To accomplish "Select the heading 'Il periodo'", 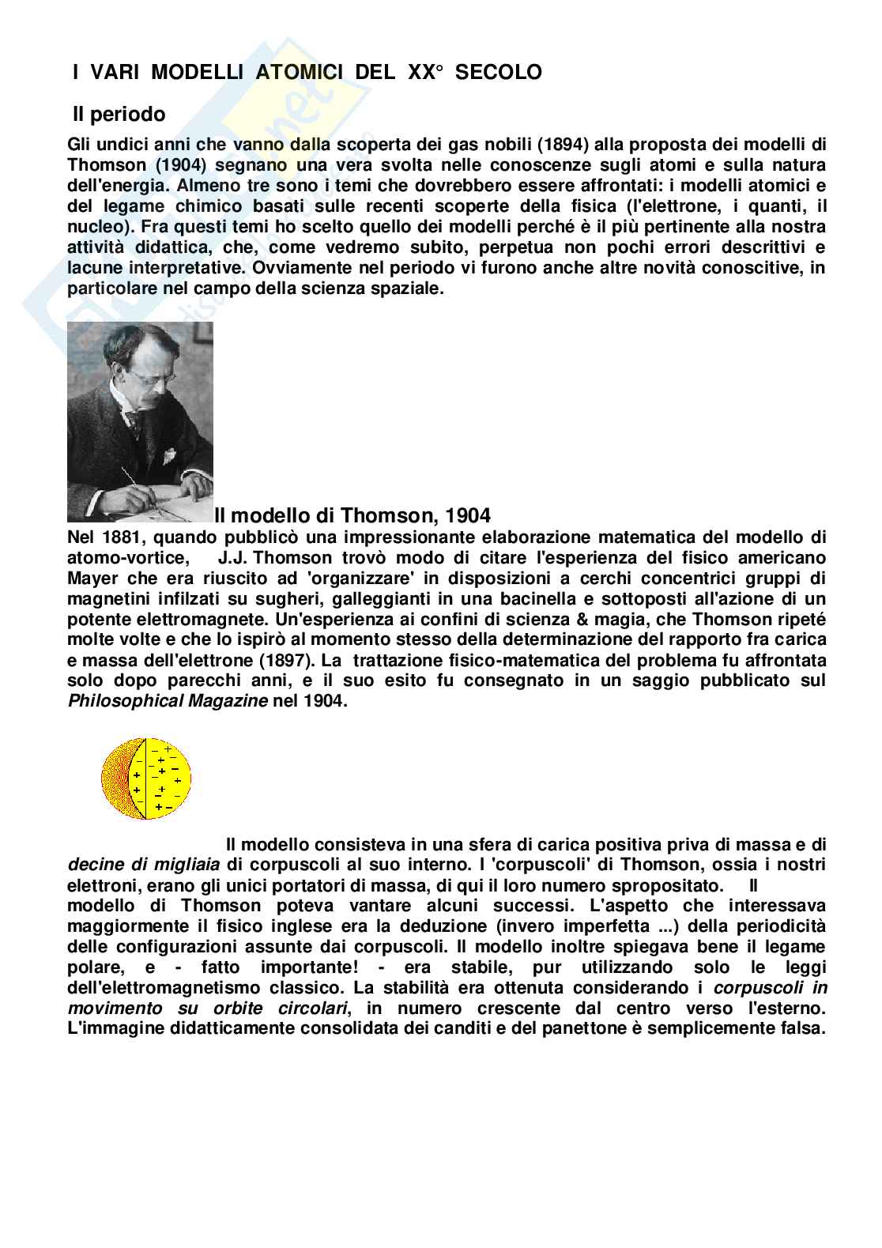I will tap(119, 115).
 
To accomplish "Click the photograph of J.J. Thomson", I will tap(140, 421).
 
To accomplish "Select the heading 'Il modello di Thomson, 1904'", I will tap(352, 515).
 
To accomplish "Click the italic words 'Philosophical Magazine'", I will tap(168, 701).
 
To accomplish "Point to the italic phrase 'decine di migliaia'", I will tap(142, 864).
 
